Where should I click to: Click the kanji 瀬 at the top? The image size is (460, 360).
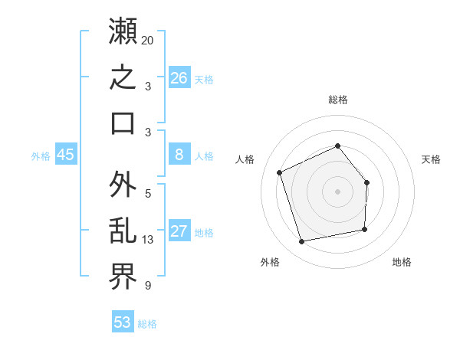pos(123,31)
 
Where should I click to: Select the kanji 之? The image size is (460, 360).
pos(123,77)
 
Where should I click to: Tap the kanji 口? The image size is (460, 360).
pos(123,123)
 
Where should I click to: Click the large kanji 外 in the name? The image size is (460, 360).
pos(123,184)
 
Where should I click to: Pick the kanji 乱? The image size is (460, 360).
pos(123,231)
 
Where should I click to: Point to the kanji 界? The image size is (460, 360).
pos(123,277)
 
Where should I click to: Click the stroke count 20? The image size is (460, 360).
pos(147,41)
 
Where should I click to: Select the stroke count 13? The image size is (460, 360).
pos(147,240)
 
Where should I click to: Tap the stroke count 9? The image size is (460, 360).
pos(148,286)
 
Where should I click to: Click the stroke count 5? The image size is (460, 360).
pos(148,194)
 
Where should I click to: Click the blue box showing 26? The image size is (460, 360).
pos(179,77)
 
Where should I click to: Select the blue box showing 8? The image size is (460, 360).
pos(179,154)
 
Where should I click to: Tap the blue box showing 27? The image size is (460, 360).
pos(179,230)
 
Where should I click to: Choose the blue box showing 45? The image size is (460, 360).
pos(66,154)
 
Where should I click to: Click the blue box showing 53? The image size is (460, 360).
pos(123,321)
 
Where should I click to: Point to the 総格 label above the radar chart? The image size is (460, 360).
pos(338,100)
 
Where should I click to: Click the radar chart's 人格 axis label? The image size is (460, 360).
pos(245,159)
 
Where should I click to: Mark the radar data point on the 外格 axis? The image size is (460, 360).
pos(301,241)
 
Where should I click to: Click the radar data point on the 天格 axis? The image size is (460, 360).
pos(366,182)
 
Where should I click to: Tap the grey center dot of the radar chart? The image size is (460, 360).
pos(337,191)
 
